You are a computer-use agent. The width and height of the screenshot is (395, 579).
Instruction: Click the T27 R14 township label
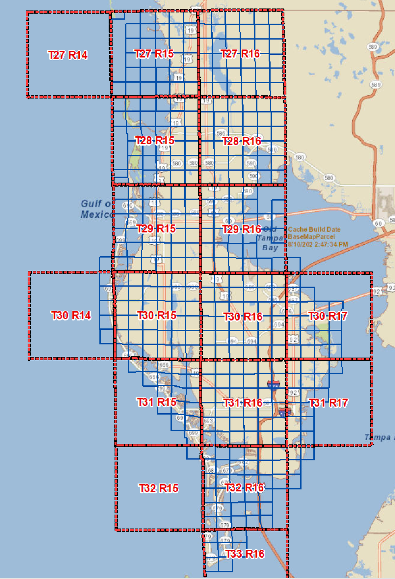pos(68,55)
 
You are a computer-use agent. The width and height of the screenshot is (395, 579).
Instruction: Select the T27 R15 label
pos(154,54)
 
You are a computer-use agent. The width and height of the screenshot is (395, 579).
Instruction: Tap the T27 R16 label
pos(240,54)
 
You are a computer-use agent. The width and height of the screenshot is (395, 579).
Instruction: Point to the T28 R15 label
pos(155,141)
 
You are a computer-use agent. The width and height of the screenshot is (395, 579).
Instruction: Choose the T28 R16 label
pos(242,141)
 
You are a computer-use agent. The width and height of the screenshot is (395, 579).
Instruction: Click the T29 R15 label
pos(156,229)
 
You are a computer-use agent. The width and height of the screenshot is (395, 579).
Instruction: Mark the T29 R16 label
pos(242,229)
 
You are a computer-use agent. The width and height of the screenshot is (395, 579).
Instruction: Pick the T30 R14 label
pos(71,316)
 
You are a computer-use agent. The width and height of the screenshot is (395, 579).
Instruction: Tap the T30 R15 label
pos(156,316)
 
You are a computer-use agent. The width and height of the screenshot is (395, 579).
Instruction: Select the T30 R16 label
pos(243,317)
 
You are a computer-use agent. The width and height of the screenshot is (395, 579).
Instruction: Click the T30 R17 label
pos(328,316)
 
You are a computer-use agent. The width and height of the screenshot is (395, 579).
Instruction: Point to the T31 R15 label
pos(156,402)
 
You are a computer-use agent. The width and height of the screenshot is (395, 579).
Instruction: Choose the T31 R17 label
pos(328,403)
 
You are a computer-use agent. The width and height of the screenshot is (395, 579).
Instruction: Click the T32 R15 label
pos(158,488)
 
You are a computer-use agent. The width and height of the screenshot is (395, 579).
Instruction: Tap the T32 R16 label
pos(244,487)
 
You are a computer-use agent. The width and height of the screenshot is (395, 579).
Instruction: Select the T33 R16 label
pos(245,554)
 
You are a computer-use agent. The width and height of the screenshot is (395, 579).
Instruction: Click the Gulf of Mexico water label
pos(97,209)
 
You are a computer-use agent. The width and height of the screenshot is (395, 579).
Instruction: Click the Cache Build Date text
pos(314,230)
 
